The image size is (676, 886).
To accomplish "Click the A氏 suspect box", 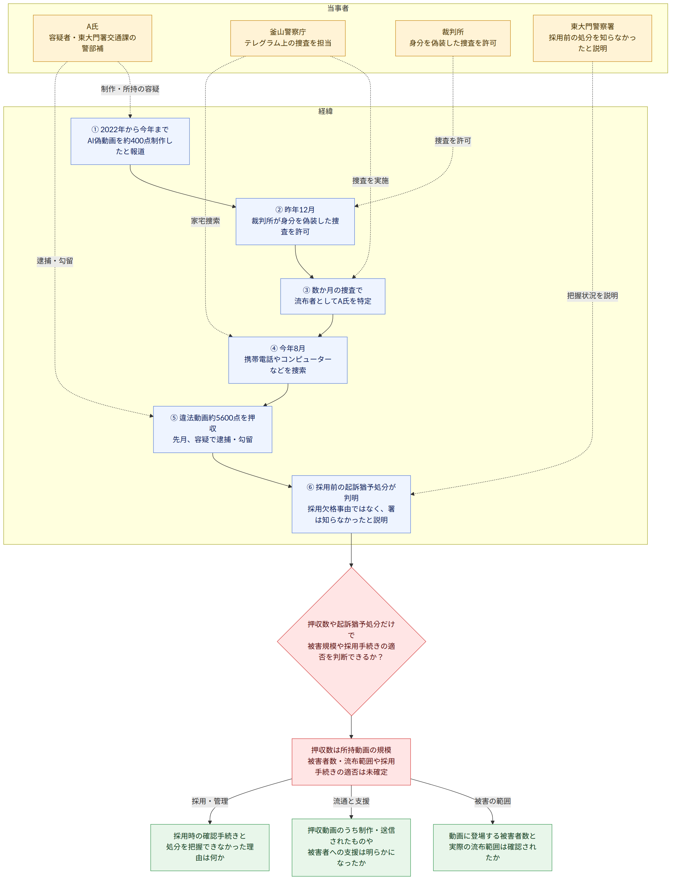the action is click(x=92, y=38).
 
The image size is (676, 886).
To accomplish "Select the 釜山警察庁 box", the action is click(x=288, y=38).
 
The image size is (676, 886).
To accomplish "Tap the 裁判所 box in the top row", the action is click(x=453, y=38).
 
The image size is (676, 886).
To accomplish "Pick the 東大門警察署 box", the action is click(x=592, y=38).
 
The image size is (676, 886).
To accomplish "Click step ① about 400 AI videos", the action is click(x=130, y=141).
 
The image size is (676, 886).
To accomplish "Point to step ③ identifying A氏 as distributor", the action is click(x=333, y=296).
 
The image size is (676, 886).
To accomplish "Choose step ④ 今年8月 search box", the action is click(x=288, y=360).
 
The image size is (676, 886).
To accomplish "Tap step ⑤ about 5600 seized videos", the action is click(x=212, y=429).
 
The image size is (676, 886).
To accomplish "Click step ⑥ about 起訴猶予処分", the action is click(x=351, y=504).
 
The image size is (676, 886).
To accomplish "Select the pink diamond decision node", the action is click(x=351, y=641).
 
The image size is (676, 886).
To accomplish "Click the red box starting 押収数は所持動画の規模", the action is click(x=351, y=762).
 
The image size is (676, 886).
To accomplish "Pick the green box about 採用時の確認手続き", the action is click(x=210, y=847).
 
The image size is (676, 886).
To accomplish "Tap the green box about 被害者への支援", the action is click(x=351, y=847).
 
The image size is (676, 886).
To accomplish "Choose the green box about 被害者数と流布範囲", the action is click(x=492, y=847).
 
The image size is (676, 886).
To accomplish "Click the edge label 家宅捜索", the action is click(x=206, y=221).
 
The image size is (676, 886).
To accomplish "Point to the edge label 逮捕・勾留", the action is click(x=55, y=261).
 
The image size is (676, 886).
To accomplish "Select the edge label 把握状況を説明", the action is click(x=592, y=296).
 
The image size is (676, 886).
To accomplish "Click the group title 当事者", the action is click(x=338, y=8).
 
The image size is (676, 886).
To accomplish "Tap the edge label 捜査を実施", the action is click(x=371, y=181).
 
